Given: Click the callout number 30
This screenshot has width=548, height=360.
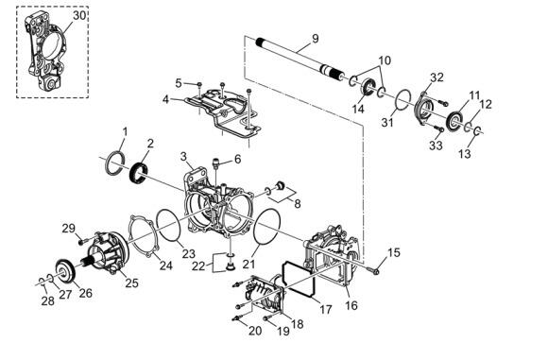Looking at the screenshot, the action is point(79,16).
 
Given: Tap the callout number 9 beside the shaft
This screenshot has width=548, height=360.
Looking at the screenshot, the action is point(316,39).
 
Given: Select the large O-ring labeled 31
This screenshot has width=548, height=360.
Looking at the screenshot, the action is point(403,101).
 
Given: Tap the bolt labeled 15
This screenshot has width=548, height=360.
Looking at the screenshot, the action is point(373,269).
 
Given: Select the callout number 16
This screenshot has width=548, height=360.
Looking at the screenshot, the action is point(351,305).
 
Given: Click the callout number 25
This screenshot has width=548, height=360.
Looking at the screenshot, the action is point(131,283).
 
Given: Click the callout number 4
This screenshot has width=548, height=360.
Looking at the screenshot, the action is point(165,99).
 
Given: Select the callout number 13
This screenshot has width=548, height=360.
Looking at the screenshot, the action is point(465,153).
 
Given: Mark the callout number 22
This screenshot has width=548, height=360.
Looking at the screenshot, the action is point(198,266).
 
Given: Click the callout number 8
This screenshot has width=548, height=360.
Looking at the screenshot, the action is point(298,203).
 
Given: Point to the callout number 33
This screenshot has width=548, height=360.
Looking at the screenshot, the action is point(436,146).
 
